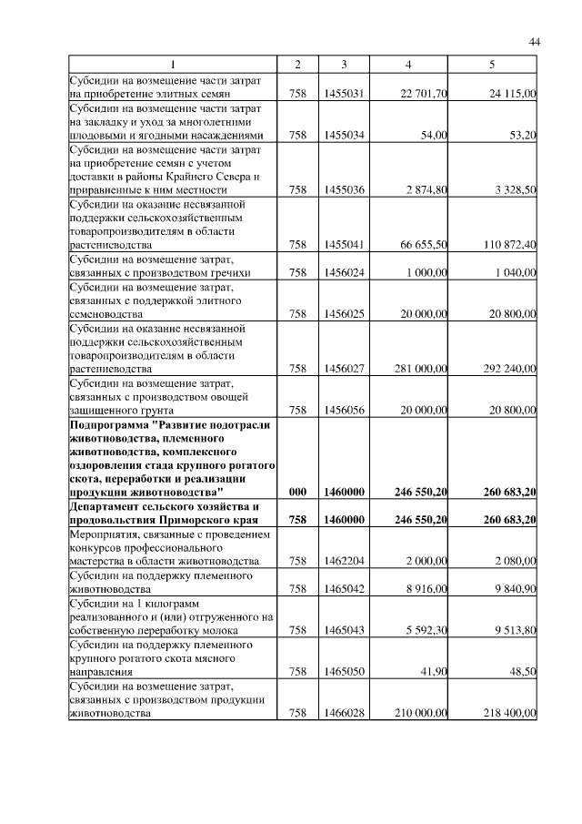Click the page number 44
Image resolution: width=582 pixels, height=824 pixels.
[x=534, y=42]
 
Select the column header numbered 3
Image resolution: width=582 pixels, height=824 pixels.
[x=344, y=65]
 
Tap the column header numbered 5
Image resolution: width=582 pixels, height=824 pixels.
[x=491, y=65]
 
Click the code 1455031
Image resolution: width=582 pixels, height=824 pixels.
[x=344, y=93]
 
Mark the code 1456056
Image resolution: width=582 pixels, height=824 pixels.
[x=344, y=411]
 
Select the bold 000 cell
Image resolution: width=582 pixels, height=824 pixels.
[x=296, y=493]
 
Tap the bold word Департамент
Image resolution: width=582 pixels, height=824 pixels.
[x=109, y=505]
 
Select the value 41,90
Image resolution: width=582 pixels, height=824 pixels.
[x=432, y=671]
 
